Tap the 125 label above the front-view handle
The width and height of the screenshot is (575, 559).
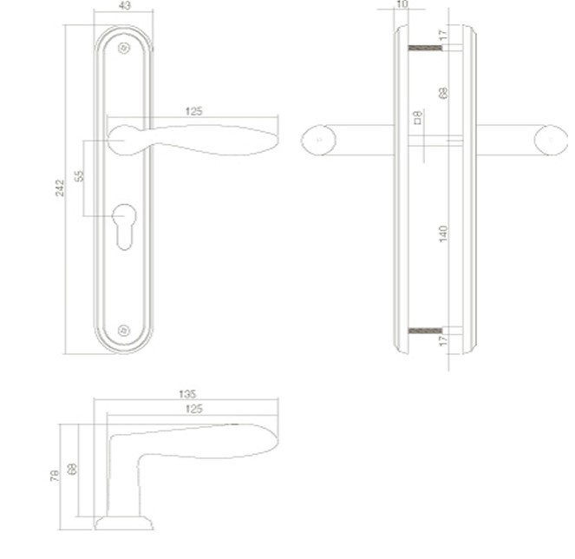coord(194,111)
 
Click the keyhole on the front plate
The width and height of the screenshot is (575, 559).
coord(125,222)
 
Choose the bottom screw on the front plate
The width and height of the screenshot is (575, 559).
coord(123,330)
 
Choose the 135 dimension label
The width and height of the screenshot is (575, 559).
coord(189,393)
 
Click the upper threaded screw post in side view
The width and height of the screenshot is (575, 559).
coord(424,48)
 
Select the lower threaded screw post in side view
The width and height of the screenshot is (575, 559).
coord(424,331)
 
